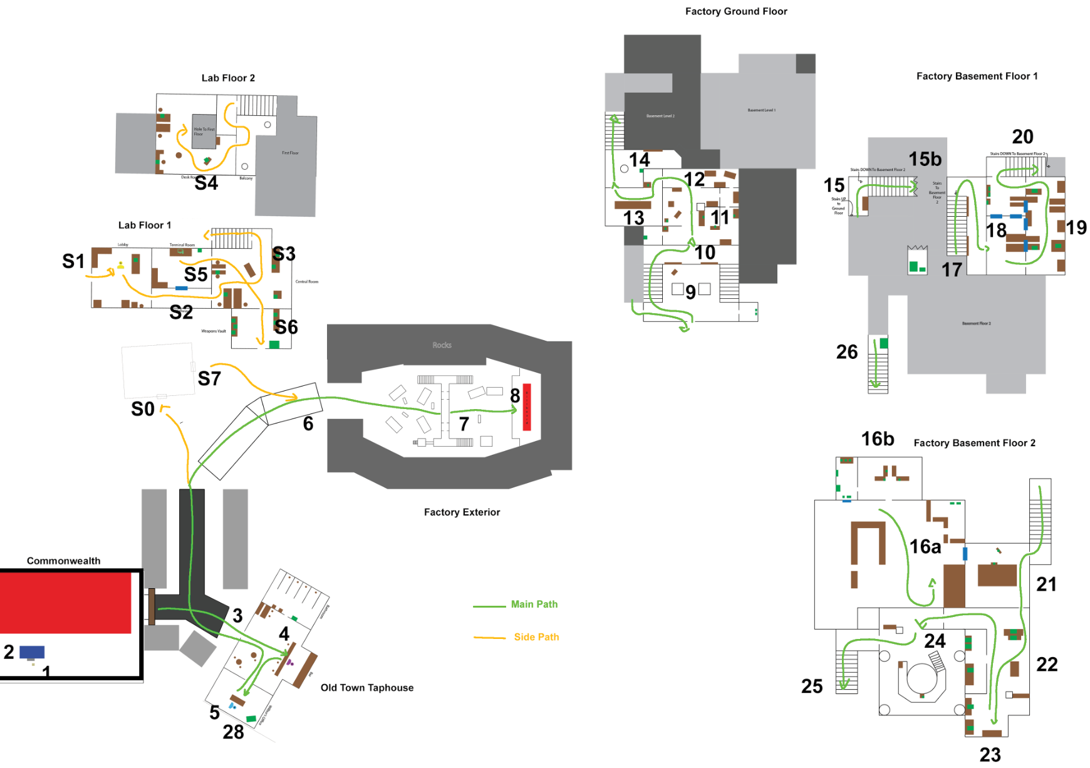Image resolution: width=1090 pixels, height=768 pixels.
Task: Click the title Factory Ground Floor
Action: [x=736, y=11]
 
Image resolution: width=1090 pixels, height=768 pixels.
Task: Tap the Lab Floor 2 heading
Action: [x=228, y=78]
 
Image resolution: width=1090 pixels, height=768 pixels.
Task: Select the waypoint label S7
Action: [x=209, y=378]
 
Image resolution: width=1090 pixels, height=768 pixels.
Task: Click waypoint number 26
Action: [x=847, y=352]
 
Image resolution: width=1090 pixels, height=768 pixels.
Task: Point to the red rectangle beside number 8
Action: [x=527, y=407]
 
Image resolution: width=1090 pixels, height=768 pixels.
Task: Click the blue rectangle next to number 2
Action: [x=32, y=652]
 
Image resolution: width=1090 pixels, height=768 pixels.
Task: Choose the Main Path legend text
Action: [x=534, y=605]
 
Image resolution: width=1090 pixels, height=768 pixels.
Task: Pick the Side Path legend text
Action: [x=536, y=637]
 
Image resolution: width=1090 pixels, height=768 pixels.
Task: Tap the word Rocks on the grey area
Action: [x=442, y=345]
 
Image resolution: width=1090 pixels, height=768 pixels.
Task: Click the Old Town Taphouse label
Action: [x=367, y=688]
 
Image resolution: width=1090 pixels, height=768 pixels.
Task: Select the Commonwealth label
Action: [x=63, y=561]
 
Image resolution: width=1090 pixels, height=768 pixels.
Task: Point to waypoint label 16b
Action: [x=878, y=439]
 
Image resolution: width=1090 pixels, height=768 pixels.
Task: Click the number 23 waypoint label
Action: [x=990, y=755]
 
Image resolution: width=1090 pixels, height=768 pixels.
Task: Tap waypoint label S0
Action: [x=143, y=409]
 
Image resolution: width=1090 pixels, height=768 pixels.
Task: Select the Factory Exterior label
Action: [x=462, y=512]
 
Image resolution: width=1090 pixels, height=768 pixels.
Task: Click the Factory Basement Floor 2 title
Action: [x=974, y=443]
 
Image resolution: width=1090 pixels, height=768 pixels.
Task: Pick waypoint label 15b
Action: [x=925, y=159]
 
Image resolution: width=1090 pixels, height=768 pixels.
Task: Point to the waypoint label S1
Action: [x=73, y=261]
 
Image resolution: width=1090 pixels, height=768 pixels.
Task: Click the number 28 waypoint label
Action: [x=233, y=732]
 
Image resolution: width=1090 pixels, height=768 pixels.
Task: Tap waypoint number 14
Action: [x=640, y=160]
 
